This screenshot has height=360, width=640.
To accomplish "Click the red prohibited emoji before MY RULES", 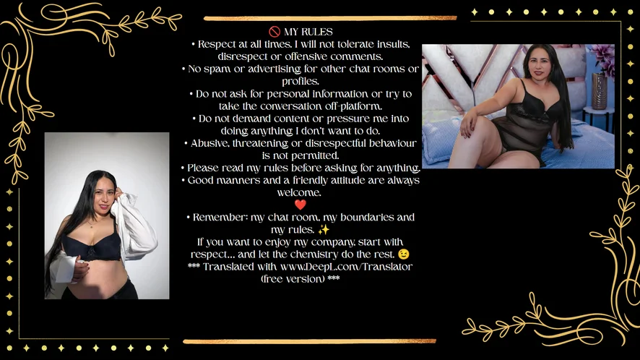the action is [x=274, y=32].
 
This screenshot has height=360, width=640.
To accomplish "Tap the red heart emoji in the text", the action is [x=300, y=205].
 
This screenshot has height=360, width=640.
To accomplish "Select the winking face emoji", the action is [x=404, y=254].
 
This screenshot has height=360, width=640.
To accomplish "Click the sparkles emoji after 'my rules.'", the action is [x=324, y=230].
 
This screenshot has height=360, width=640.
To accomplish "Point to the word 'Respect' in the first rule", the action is [x=215, y=44].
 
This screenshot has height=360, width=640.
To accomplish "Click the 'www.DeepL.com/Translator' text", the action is [x=346, y=267].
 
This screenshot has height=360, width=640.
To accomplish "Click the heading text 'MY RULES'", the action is [x=308, y=32].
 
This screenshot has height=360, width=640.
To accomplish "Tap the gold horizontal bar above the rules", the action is [x=330, y=18].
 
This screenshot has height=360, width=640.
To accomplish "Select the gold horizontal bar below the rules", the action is [x=309, y=340].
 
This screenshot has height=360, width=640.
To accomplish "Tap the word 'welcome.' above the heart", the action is [x=299, y=192].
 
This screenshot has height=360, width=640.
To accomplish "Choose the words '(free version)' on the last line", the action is [x=293, y=279].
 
